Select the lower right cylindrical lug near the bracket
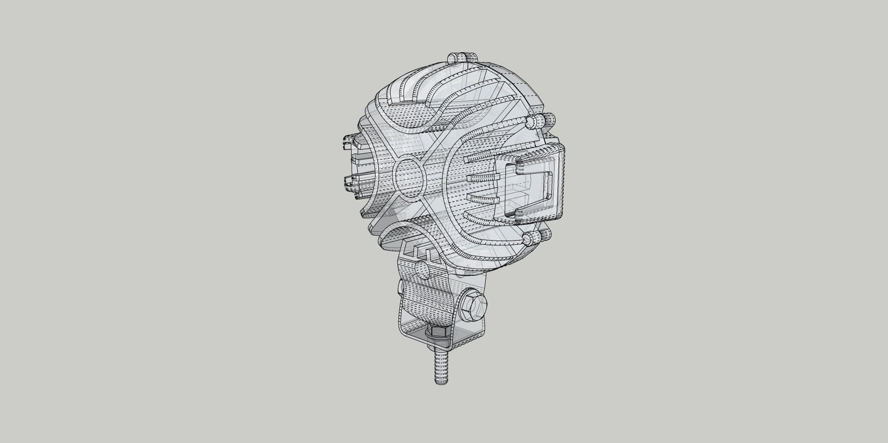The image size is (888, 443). [x=531, y=238]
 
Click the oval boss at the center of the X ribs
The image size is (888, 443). [x=408, y=176]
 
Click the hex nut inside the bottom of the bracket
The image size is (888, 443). [x=438, y=331]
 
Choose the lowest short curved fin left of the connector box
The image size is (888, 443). [x=481, y=217]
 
